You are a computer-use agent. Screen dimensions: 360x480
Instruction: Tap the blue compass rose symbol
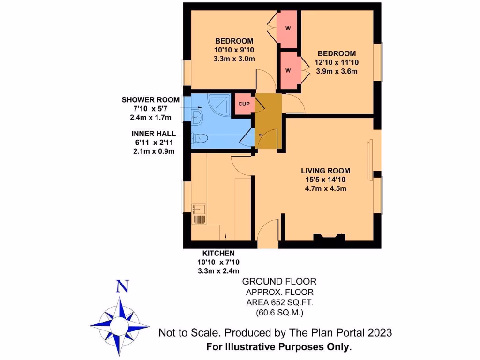click(120, 323)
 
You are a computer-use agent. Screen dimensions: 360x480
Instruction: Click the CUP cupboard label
click(244, 104)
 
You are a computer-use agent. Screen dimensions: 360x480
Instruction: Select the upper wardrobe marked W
click(288, 28)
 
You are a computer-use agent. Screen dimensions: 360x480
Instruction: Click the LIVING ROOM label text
click(326, 171)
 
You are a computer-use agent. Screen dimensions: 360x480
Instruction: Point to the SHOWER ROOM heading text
click(150, 100)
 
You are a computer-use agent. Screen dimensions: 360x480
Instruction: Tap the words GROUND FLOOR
click(279, 281)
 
